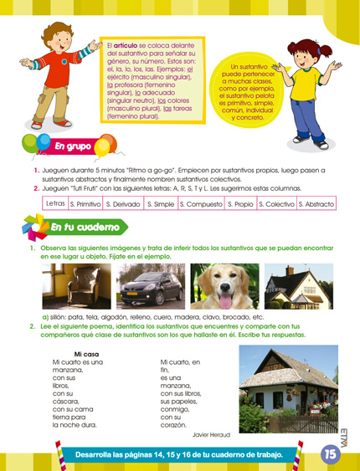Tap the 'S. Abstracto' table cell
click(x=316, y=203)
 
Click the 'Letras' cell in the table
click(x=55, y=203)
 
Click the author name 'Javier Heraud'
click(x=213, y=436)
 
